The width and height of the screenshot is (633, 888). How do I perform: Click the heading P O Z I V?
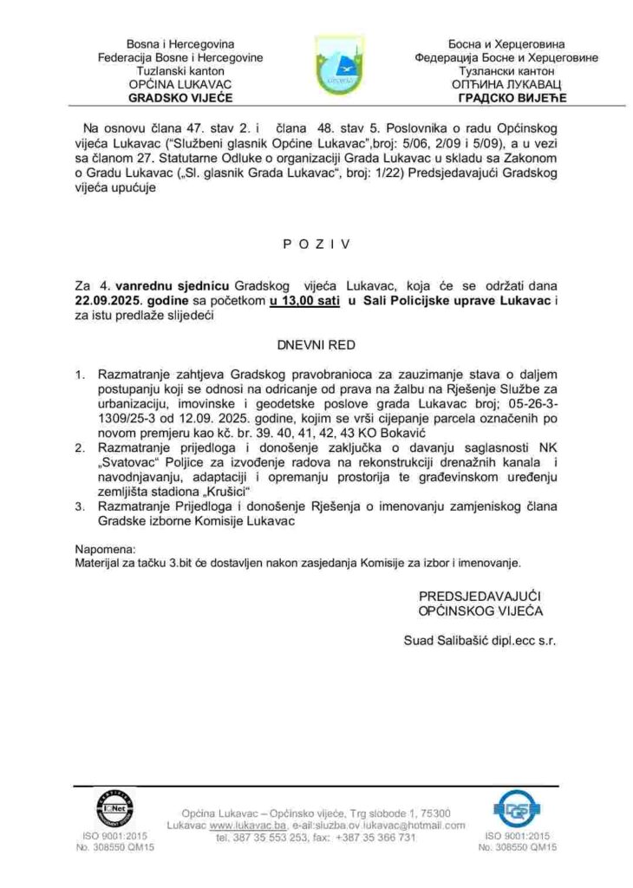316,245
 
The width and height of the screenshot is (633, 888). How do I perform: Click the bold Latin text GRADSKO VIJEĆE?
168,97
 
